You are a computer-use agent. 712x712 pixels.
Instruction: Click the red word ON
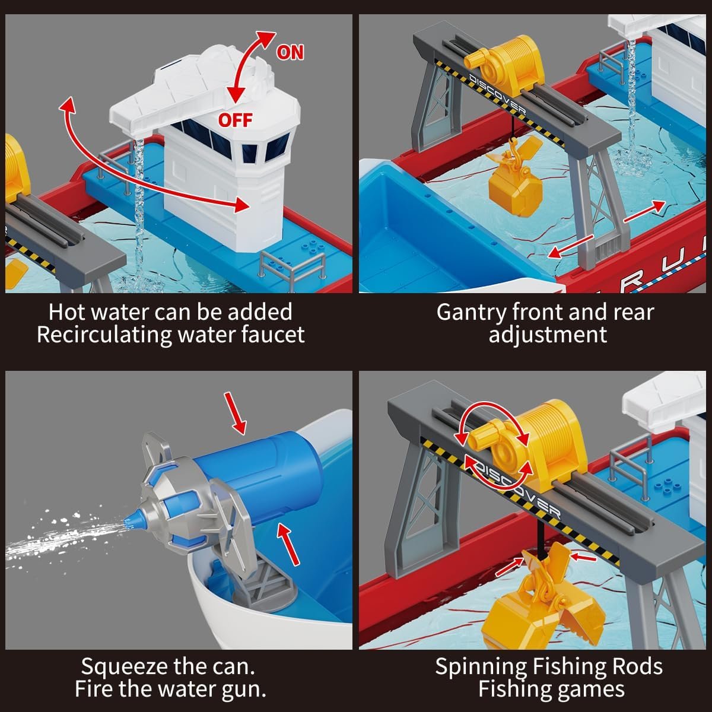point(290,52)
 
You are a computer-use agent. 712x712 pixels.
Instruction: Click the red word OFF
point(235,120)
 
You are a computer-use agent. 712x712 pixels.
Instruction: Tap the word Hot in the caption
point(68,312)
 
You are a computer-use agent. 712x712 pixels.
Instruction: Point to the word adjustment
point(548,336)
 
